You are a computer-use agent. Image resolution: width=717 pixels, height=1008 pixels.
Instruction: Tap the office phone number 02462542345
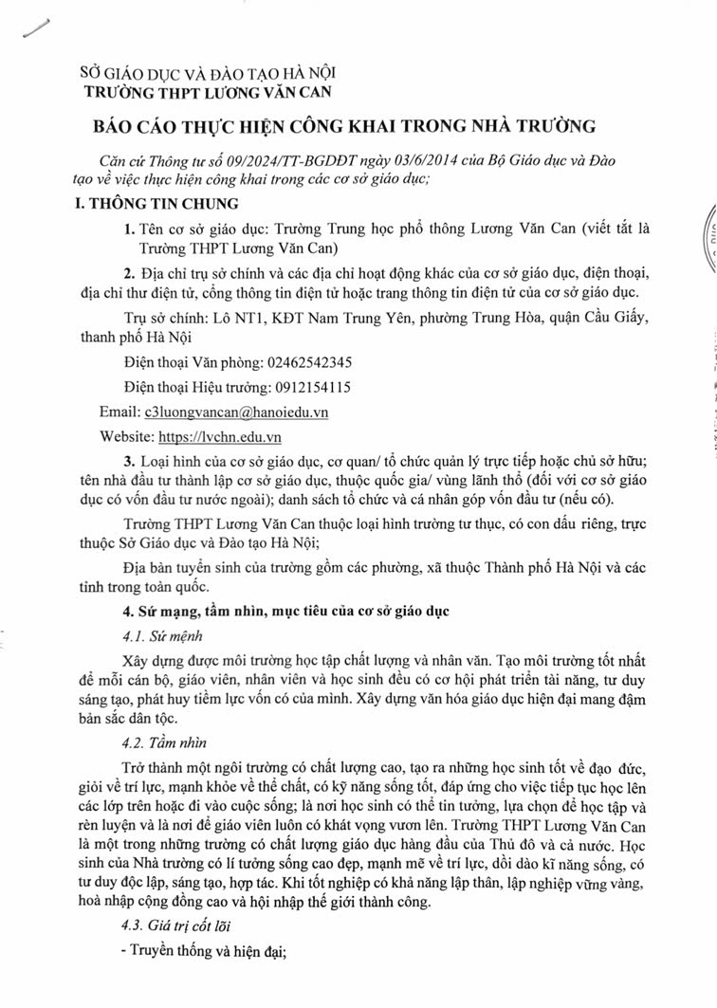tap(300, 362)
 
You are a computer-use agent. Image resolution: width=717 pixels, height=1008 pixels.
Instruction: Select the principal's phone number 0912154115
tap(307, 387)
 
